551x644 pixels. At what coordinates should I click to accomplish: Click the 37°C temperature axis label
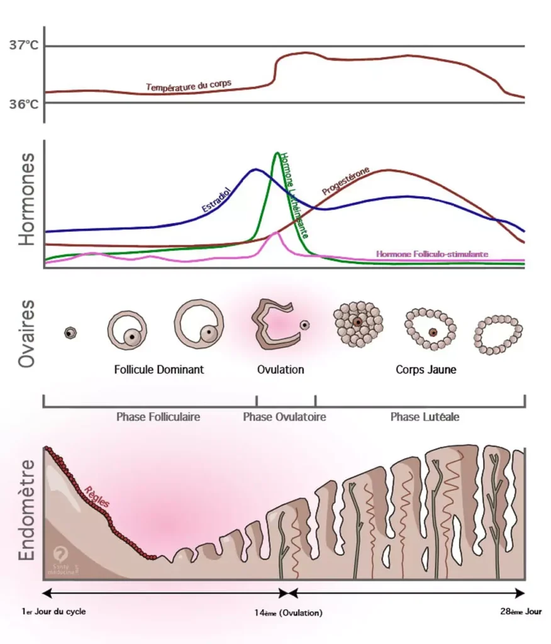click(x=24, y=46)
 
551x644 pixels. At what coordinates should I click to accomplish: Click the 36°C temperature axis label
click(x=24, y=103)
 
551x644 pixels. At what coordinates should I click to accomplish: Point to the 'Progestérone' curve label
click(x=345, y=180)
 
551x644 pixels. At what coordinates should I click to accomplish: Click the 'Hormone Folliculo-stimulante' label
click(x=431, y=254)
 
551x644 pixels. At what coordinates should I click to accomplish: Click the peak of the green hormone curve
click(x=277, y=153)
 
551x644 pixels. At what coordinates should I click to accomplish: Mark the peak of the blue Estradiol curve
click(x=255, y=169)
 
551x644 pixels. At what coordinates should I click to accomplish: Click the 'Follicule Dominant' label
click(x=159, y=370)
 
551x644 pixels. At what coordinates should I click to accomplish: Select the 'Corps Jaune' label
click(x=426, y=370)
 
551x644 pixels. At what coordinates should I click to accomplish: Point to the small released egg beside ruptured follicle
click(x=304, y=325)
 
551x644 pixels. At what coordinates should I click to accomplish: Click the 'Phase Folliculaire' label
click(x=158, y=416)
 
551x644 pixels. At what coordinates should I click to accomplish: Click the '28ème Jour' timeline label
click(x=516, y=611)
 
